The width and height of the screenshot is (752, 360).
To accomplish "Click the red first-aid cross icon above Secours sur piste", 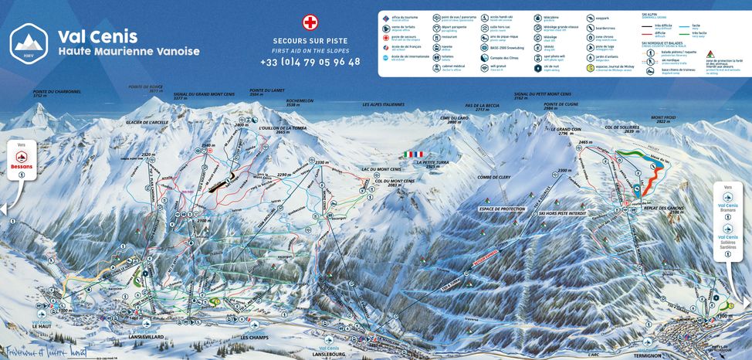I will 310,22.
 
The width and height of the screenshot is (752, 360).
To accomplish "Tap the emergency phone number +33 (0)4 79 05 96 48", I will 310,62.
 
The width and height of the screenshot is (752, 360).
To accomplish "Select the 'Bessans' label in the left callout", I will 22,165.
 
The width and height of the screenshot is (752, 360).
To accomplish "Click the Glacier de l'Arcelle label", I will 147,122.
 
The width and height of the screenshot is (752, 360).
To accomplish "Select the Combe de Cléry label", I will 494,178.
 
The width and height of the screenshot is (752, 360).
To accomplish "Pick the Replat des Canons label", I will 663,209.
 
